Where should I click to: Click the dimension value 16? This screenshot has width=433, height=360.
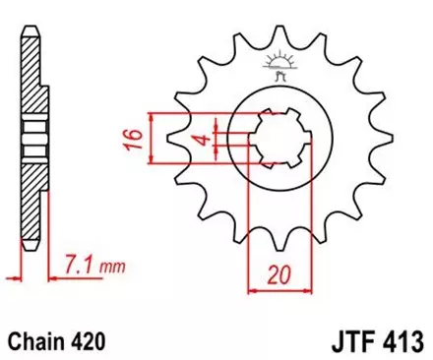pyautogui.click(x=138, y=136)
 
